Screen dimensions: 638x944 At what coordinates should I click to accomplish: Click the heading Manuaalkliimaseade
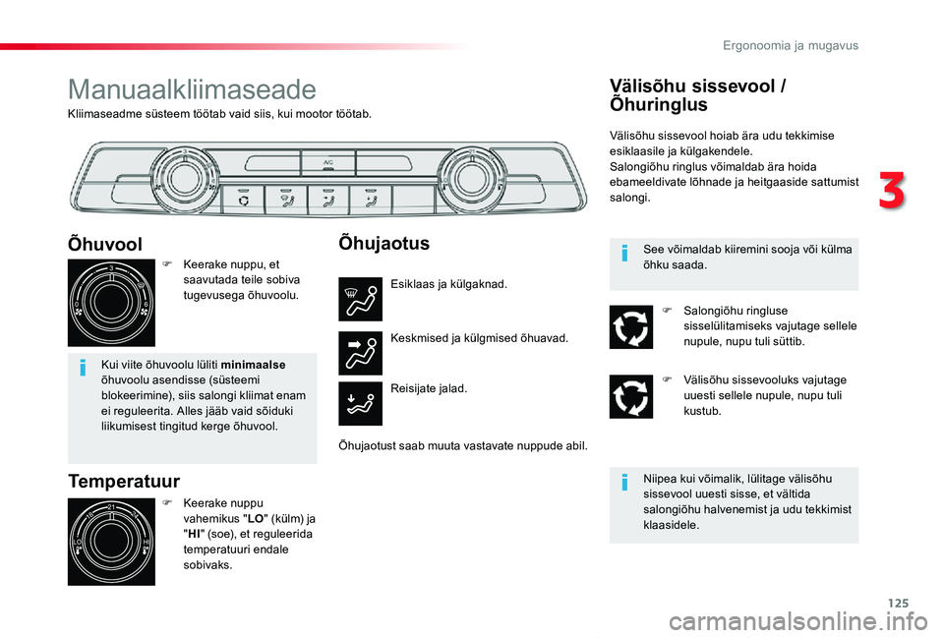pos(192,90)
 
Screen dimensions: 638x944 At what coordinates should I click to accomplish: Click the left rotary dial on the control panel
pos(181,178)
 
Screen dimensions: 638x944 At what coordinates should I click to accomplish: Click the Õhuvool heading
pos(105,244)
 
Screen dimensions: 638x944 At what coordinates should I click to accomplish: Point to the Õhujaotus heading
pos(383,242)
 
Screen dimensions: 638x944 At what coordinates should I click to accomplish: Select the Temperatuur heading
pos(124,481)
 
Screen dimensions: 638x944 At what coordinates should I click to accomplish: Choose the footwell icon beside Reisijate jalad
pos(360,404)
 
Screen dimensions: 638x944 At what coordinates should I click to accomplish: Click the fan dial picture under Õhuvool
pos(111,303)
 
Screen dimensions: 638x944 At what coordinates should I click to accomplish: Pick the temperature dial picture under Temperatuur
pos(111,542)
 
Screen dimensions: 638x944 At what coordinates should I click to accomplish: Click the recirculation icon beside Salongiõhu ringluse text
pos(630,327)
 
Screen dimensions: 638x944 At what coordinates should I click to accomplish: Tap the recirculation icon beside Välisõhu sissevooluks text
pos(630,396)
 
